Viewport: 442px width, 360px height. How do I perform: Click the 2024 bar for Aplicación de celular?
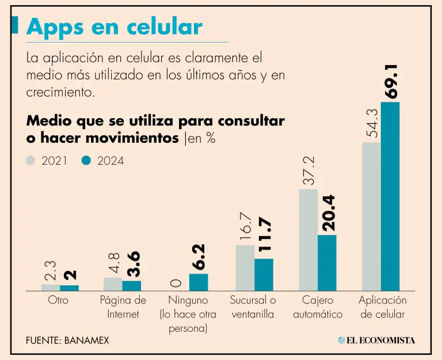click(x=390, y=196)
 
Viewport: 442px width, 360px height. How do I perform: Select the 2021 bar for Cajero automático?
click(x=308, y=240)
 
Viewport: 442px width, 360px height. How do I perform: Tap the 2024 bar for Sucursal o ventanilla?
click(x=264, y=275)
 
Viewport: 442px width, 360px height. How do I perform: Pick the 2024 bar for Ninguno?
click(x=199, y=282)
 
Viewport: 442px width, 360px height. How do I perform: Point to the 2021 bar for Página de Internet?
click(x=113, y=284)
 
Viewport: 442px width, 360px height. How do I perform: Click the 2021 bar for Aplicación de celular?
click(x=371, y=216)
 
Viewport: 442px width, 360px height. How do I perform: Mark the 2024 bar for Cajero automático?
click(x=327, y=262)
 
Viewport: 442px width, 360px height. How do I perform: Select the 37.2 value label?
click(x=308, y=170)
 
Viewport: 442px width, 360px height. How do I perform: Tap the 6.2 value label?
click(x=199, y=257)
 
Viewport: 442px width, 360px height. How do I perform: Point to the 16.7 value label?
click(x=246, y=227)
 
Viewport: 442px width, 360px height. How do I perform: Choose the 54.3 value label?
click(x=371, y=123)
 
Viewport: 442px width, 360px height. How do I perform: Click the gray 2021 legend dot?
click(x=31, y=161)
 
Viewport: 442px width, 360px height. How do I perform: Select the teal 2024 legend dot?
click(x=86, y=161)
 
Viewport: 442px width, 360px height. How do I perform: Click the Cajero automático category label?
click(x=317, y=308)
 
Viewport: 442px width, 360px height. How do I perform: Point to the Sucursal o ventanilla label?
click(x=253, y=308)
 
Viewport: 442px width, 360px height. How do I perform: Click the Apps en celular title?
click(x=115, y=27)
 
